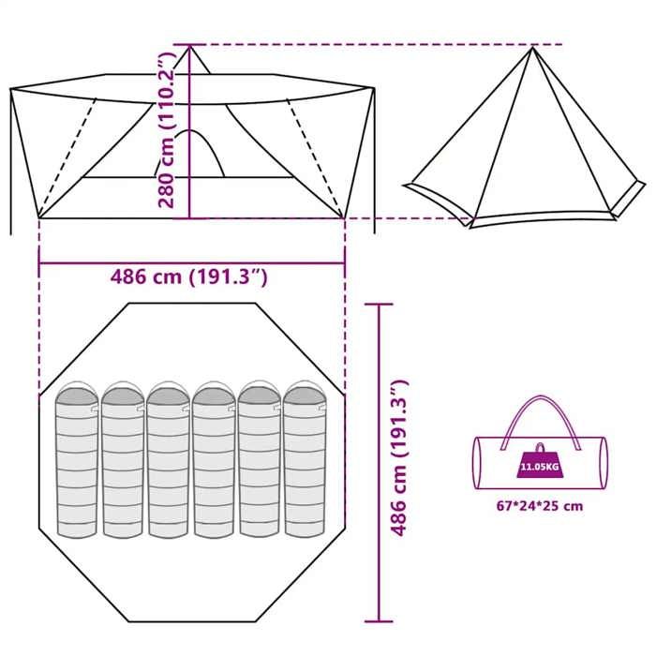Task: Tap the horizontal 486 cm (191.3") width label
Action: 190,277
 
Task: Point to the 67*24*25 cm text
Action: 539,506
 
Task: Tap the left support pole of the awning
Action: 11,159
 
